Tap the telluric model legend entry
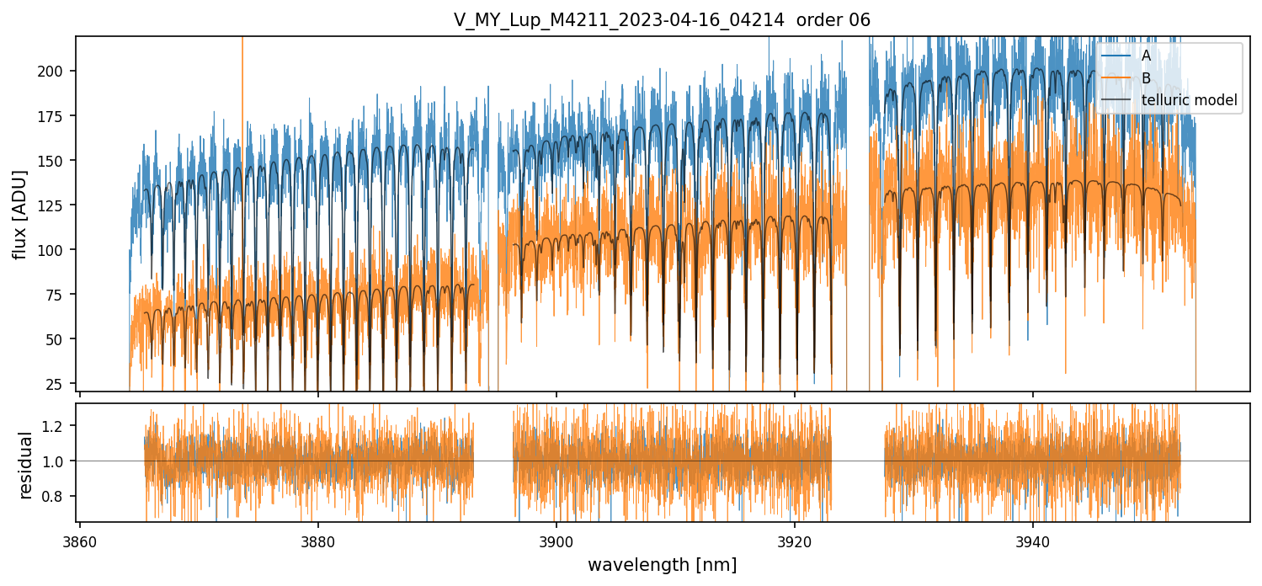1189,100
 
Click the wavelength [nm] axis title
662,565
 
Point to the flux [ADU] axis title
19,214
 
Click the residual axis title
25,465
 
